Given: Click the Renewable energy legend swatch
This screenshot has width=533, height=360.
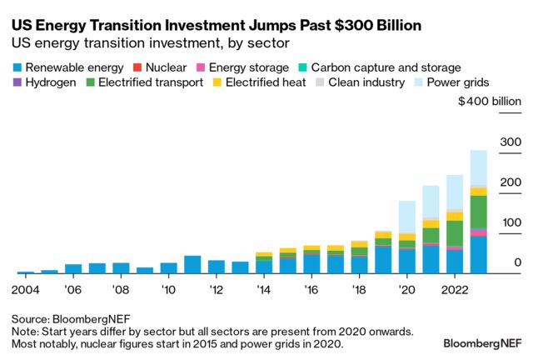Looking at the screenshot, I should click(x=16, y=66).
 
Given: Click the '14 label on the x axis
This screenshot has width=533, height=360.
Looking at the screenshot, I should click(x=264, y=291).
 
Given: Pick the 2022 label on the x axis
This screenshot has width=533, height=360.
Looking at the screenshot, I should click(x=454, y=291).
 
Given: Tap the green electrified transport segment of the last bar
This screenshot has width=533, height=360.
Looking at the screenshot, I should click(x=478, y=212).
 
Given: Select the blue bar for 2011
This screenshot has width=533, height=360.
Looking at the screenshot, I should click(x=192, y=265).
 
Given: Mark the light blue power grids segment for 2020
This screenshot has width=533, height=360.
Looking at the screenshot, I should click(x=406, y=217).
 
